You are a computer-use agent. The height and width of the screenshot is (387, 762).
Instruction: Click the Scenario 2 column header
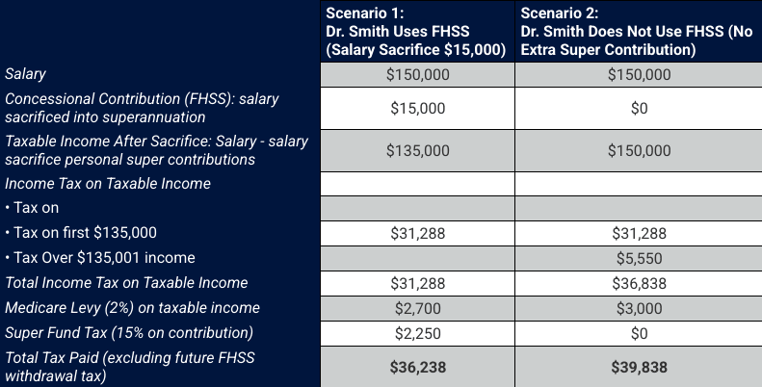point(636,31)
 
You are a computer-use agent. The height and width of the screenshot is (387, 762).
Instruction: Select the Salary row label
point(26,74)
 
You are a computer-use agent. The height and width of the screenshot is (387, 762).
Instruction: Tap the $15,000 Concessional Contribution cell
point(417,108)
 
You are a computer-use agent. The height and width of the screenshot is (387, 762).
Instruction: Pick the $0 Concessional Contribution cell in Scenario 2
point(638,108)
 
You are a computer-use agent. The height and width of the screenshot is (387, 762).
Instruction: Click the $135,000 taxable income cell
point(417,150)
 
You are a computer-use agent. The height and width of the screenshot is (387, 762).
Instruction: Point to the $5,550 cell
point(638,258)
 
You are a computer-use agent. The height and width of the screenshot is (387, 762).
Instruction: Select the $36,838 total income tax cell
point(638,283)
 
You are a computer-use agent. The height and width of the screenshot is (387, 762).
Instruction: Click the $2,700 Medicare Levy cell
point(417,308)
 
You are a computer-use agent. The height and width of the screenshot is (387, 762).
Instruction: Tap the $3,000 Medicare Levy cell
point(638,308)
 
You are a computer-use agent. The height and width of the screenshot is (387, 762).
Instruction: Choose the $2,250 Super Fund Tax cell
point(417,333)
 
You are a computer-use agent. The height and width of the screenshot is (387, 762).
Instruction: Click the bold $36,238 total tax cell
point(417,367)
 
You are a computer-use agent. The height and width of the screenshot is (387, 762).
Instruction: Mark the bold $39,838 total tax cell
point(638,367)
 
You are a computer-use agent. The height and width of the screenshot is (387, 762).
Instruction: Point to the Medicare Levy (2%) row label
point(132,308)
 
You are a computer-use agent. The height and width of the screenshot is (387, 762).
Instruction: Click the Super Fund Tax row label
point(129,333)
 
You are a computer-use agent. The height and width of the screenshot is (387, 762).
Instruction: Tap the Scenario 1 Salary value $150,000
point(417,74)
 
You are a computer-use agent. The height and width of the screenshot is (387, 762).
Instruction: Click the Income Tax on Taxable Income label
point(108,183)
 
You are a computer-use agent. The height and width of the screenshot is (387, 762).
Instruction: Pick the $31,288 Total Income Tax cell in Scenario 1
point(417,283)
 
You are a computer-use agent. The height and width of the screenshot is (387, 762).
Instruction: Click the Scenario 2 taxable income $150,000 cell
point(638,150)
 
